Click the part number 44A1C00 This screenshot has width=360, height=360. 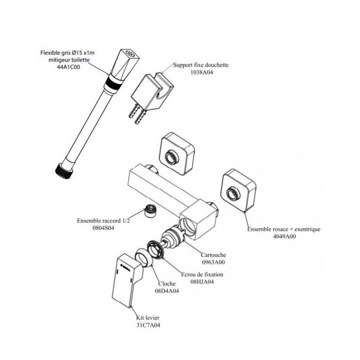point(68,67)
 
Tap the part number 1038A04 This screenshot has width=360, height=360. point(202,72)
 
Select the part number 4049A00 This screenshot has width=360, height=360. point(284,236)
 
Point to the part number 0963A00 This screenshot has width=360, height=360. point(213,262)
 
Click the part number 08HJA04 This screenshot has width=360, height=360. point(202,281)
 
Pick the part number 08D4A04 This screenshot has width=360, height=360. point(167,291)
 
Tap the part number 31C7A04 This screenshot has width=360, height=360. point(148,325)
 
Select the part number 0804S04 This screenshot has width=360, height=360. point(103,228)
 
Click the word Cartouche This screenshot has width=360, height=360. point(213,255)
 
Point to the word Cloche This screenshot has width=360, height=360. point(166,284)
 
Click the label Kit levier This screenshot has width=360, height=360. point(147,318)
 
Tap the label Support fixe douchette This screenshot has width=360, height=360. point(201,65)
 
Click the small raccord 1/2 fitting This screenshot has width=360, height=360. point(150,210)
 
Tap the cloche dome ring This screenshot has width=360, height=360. point(143,257)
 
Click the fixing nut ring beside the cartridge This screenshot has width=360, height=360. point(155,249)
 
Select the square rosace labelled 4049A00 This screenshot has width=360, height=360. point(238,190)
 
